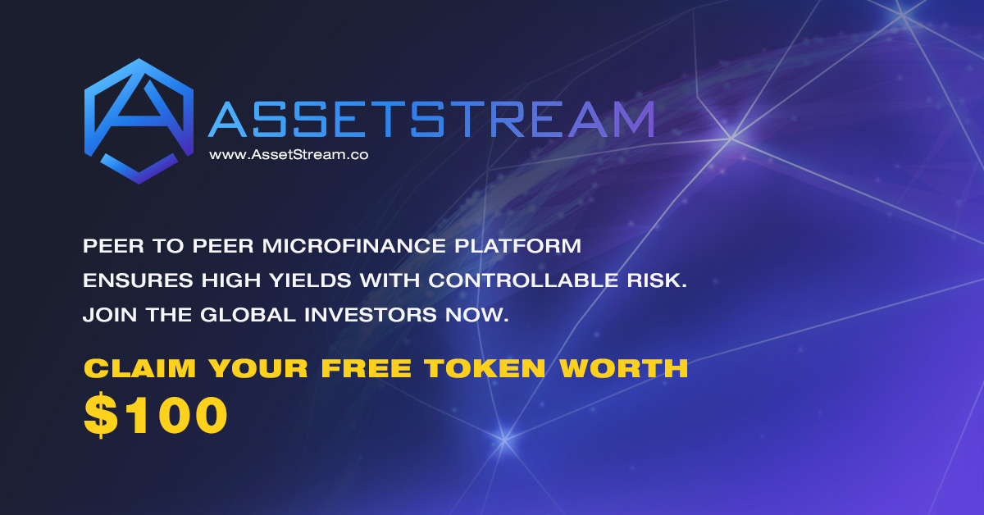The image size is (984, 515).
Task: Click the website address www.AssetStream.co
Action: point(289,155)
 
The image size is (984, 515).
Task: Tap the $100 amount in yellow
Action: point(156,415)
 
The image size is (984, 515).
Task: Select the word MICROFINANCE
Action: point(354,246)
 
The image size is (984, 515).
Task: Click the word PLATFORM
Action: point(518,246)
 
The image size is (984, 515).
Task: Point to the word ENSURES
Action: point(138,280)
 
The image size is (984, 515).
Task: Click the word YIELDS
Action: point(310,280)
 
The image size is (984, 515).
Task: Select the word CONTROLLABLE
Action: point(523,280)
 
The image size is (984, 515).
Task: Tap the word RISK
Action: point(657,280)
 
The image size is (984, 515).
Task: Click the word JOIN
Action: point(110,315)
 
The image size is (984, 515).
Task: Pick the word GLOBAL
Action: point(248,315)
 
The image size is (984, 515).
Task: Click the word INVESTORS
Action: point(371,315)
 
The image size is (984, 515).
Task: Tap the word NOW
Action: point(477,315)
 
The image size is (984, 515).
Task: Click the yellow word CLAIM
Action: point(139,368)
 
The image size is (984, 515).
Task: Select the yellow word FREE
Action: point(366,368)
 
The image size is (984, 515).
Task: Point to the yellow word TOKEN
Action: point(485,368)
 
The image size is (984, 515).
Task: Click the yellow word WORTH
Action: point(624,368)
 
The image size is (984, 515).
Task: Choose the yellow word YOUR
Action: point(258,368)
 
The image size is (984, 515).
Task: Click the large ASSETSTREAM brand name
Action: point(431,119)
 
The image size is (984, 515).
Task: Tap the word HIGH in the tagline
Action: point(231,280)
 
